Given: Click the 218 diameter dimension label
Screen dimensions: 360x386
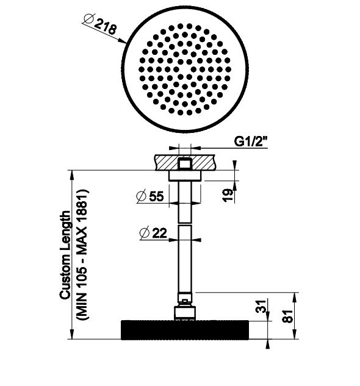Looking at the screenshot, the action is pyautogui.click(x=105, y=26).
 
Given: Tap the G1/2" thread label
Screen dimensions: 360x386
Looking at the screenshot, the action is pyautogui.click(x=251, y=141).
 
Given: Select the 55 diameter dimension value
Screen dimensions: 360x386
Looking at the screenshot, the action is pyautogui.click(x=156, y=196).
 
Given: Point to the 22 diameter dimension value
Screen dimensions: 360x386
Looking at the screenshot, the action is pyautogui.click(x=160, y=233).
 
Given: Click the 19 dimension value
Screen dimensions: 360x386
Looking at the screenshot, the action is pyautogui.click(x=228, y=195).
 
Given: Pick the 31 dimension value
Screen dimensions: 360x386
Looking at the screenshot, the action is pyautogui.click(x=261, y=306).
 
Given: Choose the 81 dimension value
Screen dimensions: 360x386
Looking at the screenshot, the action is pyautogui.click(x=287, y=316).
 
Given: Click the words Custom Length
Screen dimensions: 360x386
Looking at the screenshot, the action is pyautogui.click(x=65, y=255).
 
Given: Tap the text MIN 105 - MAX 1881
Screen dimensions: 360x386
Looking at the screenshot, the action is pyautogui.click(x=82, y=254).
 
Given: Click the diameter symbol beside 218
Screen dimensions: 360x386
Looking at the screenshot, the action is pyautogui.click(x=88, y=19).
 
